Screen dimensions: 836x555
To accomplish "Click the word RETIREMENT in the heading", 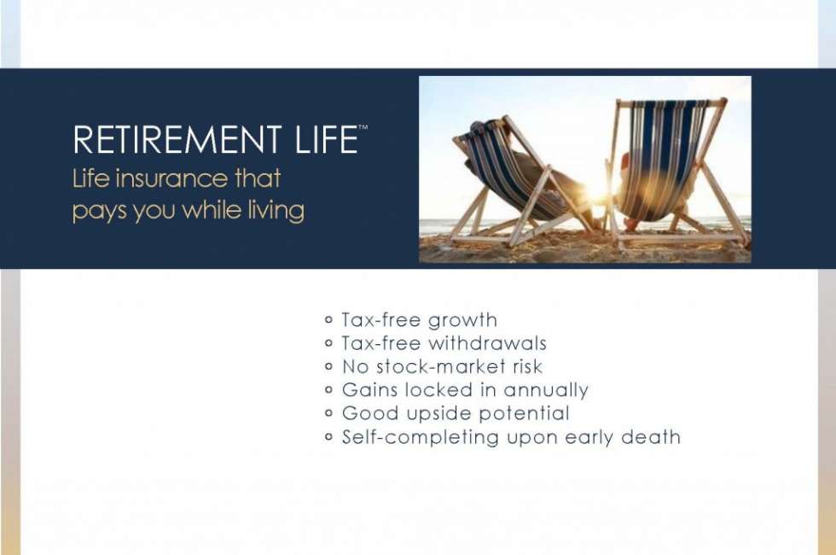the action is pyautogui.click(x=177, y=140).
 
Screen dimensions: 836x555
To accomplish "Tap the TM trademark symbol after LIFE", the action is pyautogui.click(x=363, y=127).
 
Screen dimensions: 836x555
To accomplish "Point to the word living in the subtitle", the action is pyautogui.click(x=276, y=210).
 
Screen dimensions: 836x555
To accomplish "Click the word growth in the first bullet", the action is pyautogui.click(x=462, y=321).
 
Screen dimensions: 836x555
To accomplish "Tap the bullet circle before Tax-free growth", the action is pyautogui.click(x=328, y=320).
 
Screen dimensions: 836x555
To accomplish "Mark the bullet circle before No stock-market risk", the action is pyautogui.click(x=328, y=366).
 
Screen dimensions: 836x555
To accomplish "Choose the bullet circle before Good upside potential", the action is pyautogui.click(x=328, y=413).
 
